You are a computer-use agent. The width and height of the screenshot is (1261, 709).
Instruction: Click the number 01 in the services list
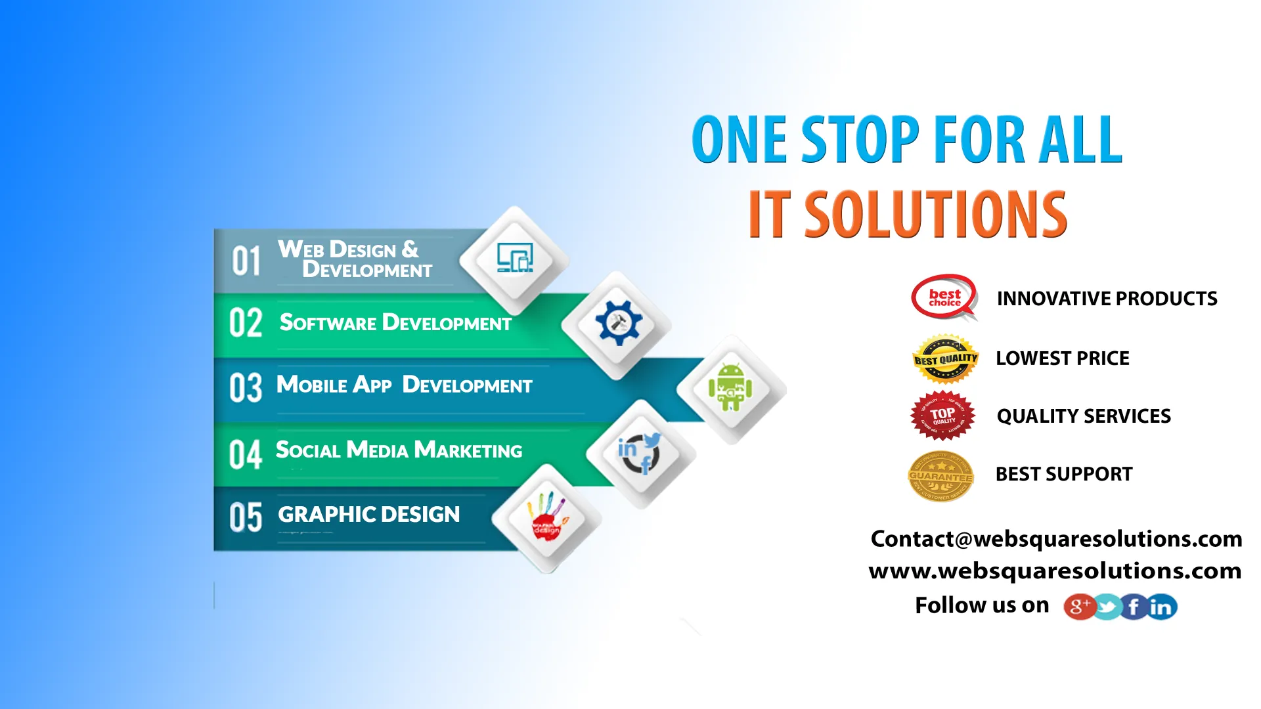pos(246,261)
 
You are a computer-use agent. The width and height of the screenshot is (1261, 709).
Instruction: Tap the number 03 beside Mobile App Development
pos(246,387)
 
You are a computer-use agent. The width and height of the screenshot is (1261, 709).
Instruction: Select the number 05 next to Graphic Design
pos(246,517)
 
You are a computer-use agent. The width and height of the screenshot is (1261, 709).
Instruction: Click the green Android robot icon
pos(730,387)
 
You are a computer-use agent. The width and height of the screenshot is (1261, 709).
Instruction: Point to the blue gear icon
pos(618,322)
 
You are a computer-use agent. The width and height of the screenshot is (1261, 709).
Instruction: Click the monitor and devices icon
pos(514,258)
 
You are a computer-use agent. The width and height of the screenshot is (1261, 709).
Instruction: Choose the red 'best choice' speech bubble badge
pos(944,297)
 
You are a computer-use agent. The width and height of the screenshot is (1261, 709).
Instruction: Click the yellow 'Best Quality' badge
pos(945,358)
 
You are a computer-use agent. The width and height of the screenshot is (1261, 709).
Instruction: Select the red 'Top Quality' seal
pos(942,416)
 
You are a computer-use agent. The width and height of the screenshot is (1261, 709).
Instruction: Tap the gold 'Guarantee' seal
pos(940,476)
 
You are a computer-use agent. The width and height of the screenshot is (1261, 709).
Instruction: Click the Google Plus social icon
pos(1079,607)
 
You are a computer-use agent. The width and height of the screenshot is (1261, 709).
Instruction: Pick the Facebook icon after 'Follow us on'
pos(1134,607)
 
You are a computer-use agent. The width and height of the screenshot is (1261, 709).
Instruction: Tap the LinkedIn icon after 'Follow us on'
pos(1161,607)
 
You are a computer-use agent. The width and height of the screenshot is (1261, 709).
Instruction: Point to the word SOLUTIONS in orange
pos(935,214)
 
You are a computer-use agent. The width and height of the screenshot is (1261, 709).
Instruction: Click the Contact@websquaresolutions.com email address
pos(1056,539)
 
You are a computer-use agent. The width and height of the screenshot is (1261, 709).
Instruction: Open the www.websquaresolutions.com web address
pos(1055,570)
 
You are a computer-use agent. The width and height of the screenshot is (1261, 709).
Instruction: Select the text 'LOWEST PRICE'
pos(1062,358)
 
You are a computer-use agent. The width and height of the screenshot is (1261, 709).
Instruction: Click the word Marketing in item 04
pos(468,450)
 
